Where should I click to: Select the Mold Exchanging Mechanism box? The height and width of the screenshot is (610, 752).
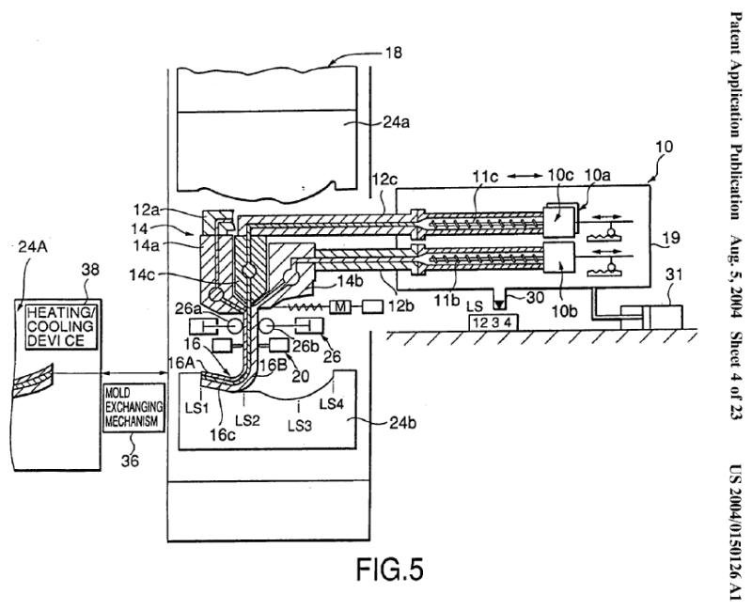coord(134,405)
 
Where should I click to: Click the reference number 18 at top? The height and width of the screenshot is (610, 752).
coord(394,54)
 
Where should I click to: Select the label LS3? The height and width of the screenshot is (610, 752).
coord(297,424)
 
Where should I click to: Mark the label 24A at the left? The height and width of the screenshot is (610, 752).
coord(35,247)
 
